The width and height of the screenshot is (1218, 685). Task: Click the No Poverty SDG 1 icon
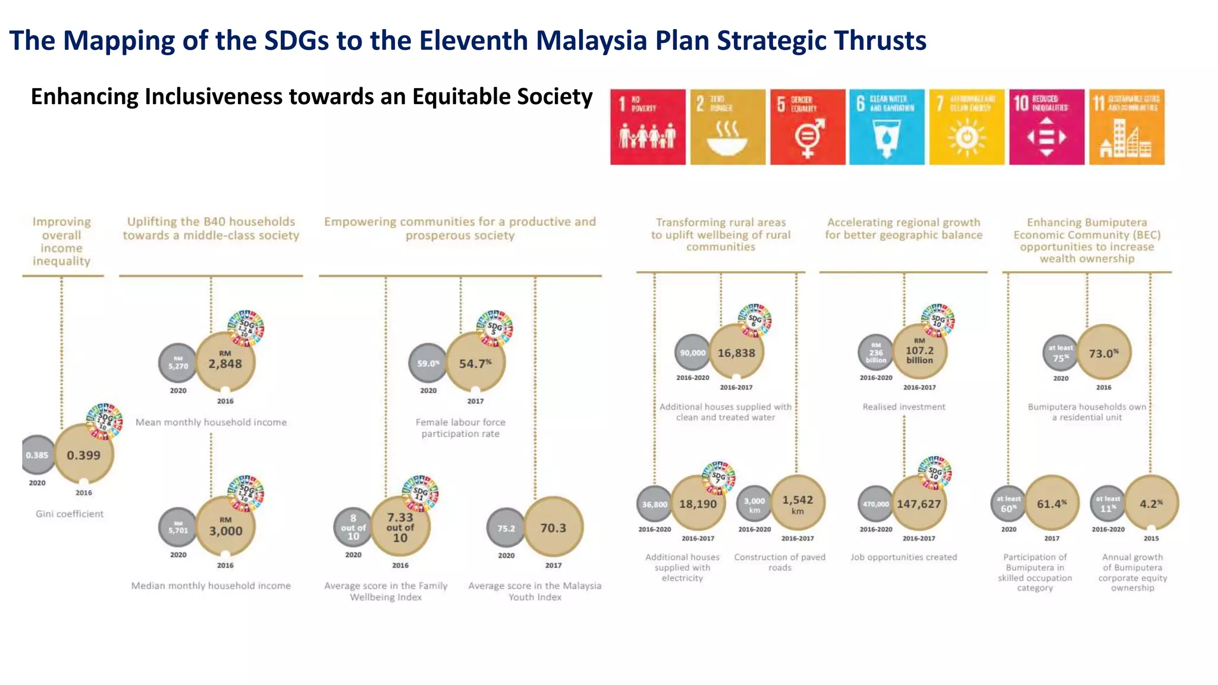point(648,127)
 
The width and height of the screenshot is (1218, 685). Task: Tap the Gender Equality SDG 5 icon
point(808,127)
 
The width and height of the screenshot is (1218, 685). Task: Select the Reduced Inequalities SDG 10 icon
point(1047,127)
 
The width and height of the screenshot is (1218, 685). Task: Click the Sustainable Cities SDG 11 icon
point(1126,127)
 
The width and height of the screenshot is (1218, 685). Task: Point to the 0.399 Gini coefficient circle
point(84,455)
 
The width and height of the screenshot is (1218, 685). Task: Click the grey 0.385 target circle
point(37,455)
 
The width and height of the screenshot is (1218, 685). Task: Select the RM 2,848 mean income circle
point(225,362)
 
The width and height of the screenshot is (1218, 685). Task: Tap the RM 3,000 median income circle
point(225,528)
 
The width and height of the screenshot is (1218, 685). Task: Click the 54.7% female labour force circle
point(475,362)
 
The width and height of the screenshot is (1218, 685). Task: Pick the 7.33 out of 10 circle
point(400,527)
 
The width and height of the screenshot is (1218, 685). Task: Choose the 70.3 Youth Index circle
point(553,527)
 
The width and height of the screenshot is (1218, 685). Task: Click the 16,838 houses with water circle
point(736,353)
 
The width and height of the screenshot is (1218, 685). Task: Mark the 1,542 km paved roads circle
point(798,504)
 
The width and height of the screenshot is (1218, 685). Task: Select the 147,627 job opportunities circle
point(919,504)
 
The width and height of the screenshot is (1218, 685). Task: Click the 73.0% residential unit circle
point(1104,353)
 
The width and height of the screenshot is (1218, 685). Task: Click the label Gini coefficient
point(70,514)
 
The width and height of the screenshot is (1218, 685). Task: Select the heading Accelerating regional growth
point(903,228)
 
